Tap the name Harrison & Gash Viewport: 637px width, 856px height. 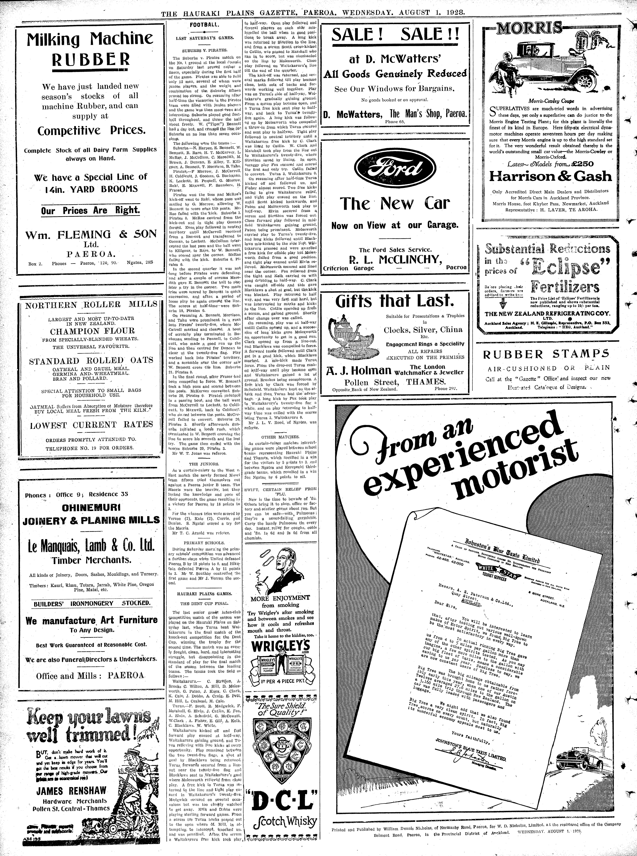(x=550, y=176)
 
